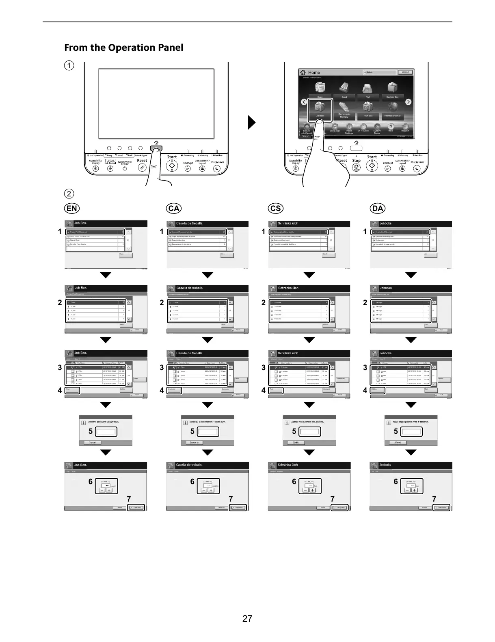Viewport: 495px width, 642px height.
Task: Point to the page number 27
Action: coord(247,618)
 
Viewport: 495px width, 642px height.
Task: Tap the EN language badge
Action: coord(72,208)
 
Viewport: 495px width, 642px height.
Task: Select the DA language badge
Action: coord(377,208)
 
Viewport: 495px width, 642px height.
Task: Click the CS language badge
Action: coord(275,208)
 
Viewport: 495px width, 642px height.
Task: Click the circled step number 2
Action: coord(70,192)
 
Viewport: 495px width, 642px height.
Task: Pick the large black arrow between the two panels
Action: coord(252,122)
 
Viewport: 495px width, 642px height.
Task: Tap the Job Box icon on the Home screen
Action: coord(320,108)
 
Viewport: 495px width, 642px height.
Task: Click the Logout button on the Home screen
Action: coord(405,72)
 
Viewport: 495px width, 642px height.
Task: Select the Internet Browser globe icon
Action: coord(392,108)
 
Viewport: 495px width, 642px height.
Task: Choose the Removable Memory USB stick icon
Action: coord(344,108)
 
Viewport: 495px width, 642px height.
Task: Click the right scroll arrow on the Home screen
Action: coord(409,102)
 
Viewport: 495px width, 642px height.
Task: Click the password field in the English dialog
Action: coord(106,431)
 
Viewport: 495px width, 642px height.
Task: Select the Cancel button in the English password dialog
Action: coord(92,442)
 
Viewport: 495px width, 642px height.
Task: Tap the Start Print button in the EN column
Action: coord(136,508)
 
